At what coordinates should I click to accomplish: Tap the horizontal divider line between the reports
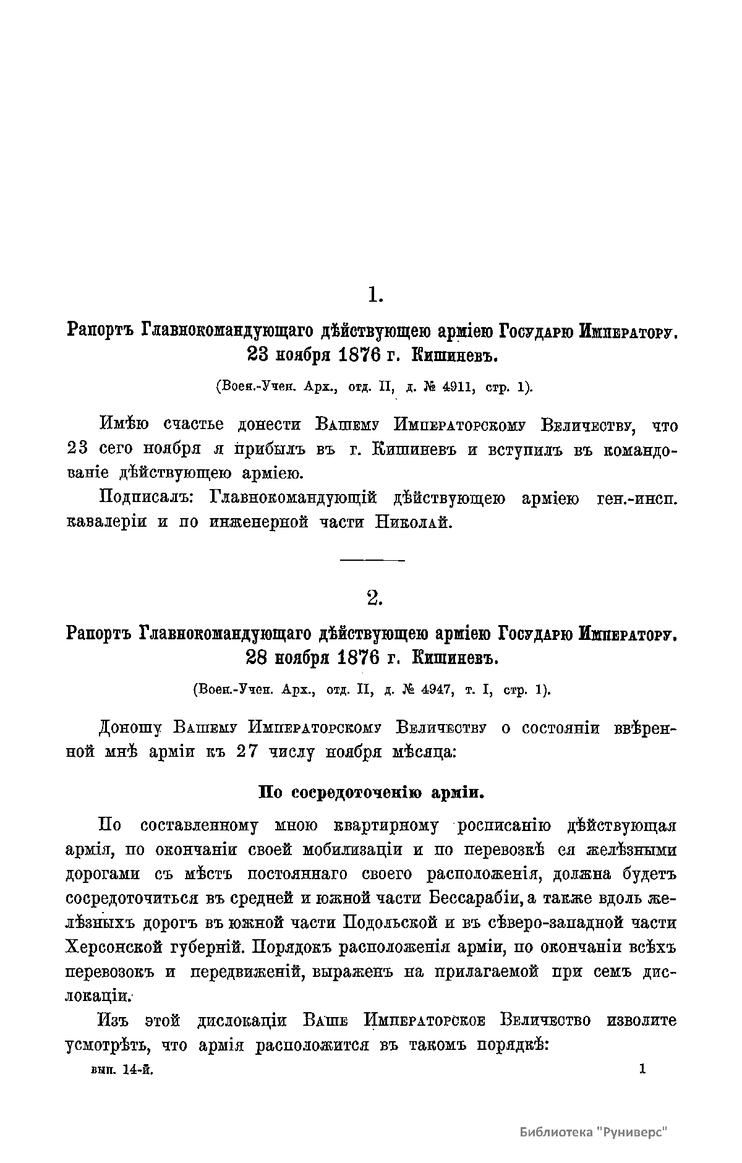coord(372,560)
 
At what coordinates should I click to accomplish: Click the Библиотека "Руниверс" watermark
coord(595,1132)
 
